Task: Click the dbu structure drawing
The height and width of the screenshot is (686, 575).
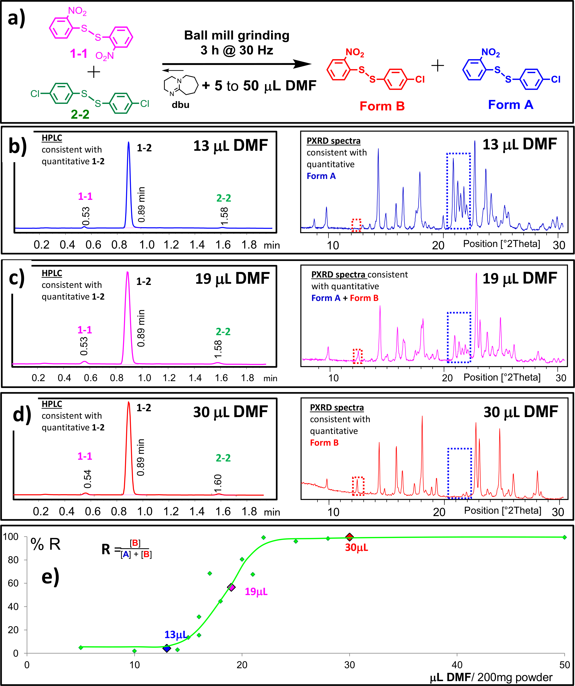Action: tap(181, 86)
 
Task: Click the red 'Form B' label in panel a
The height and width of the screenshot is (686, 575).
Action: tap(382, 106)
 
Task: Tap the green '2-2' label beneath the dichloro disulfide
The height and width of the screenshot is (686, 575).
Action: tap(80, 114)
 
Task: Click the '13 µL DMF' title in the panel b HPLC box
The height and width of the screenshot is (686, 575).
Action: tap(230, 146)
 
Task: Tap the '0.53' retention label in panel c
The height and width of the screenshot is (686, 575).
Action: tap(84, 346)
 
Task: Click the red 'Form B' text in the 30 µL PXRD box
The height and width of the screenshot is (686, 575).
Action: tap(324, 443)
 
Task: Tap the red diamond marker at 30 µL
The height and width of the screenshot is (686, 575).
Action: tap(349, 537)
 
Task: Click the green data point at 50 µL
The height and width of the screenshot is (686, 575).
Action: tap(564, 537)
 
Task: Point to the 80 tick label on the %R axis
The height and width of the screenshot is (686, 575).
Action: tap(13, 560)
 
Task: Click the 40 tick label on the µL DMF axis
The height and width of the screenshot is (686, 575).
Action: tap(457, 665)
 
